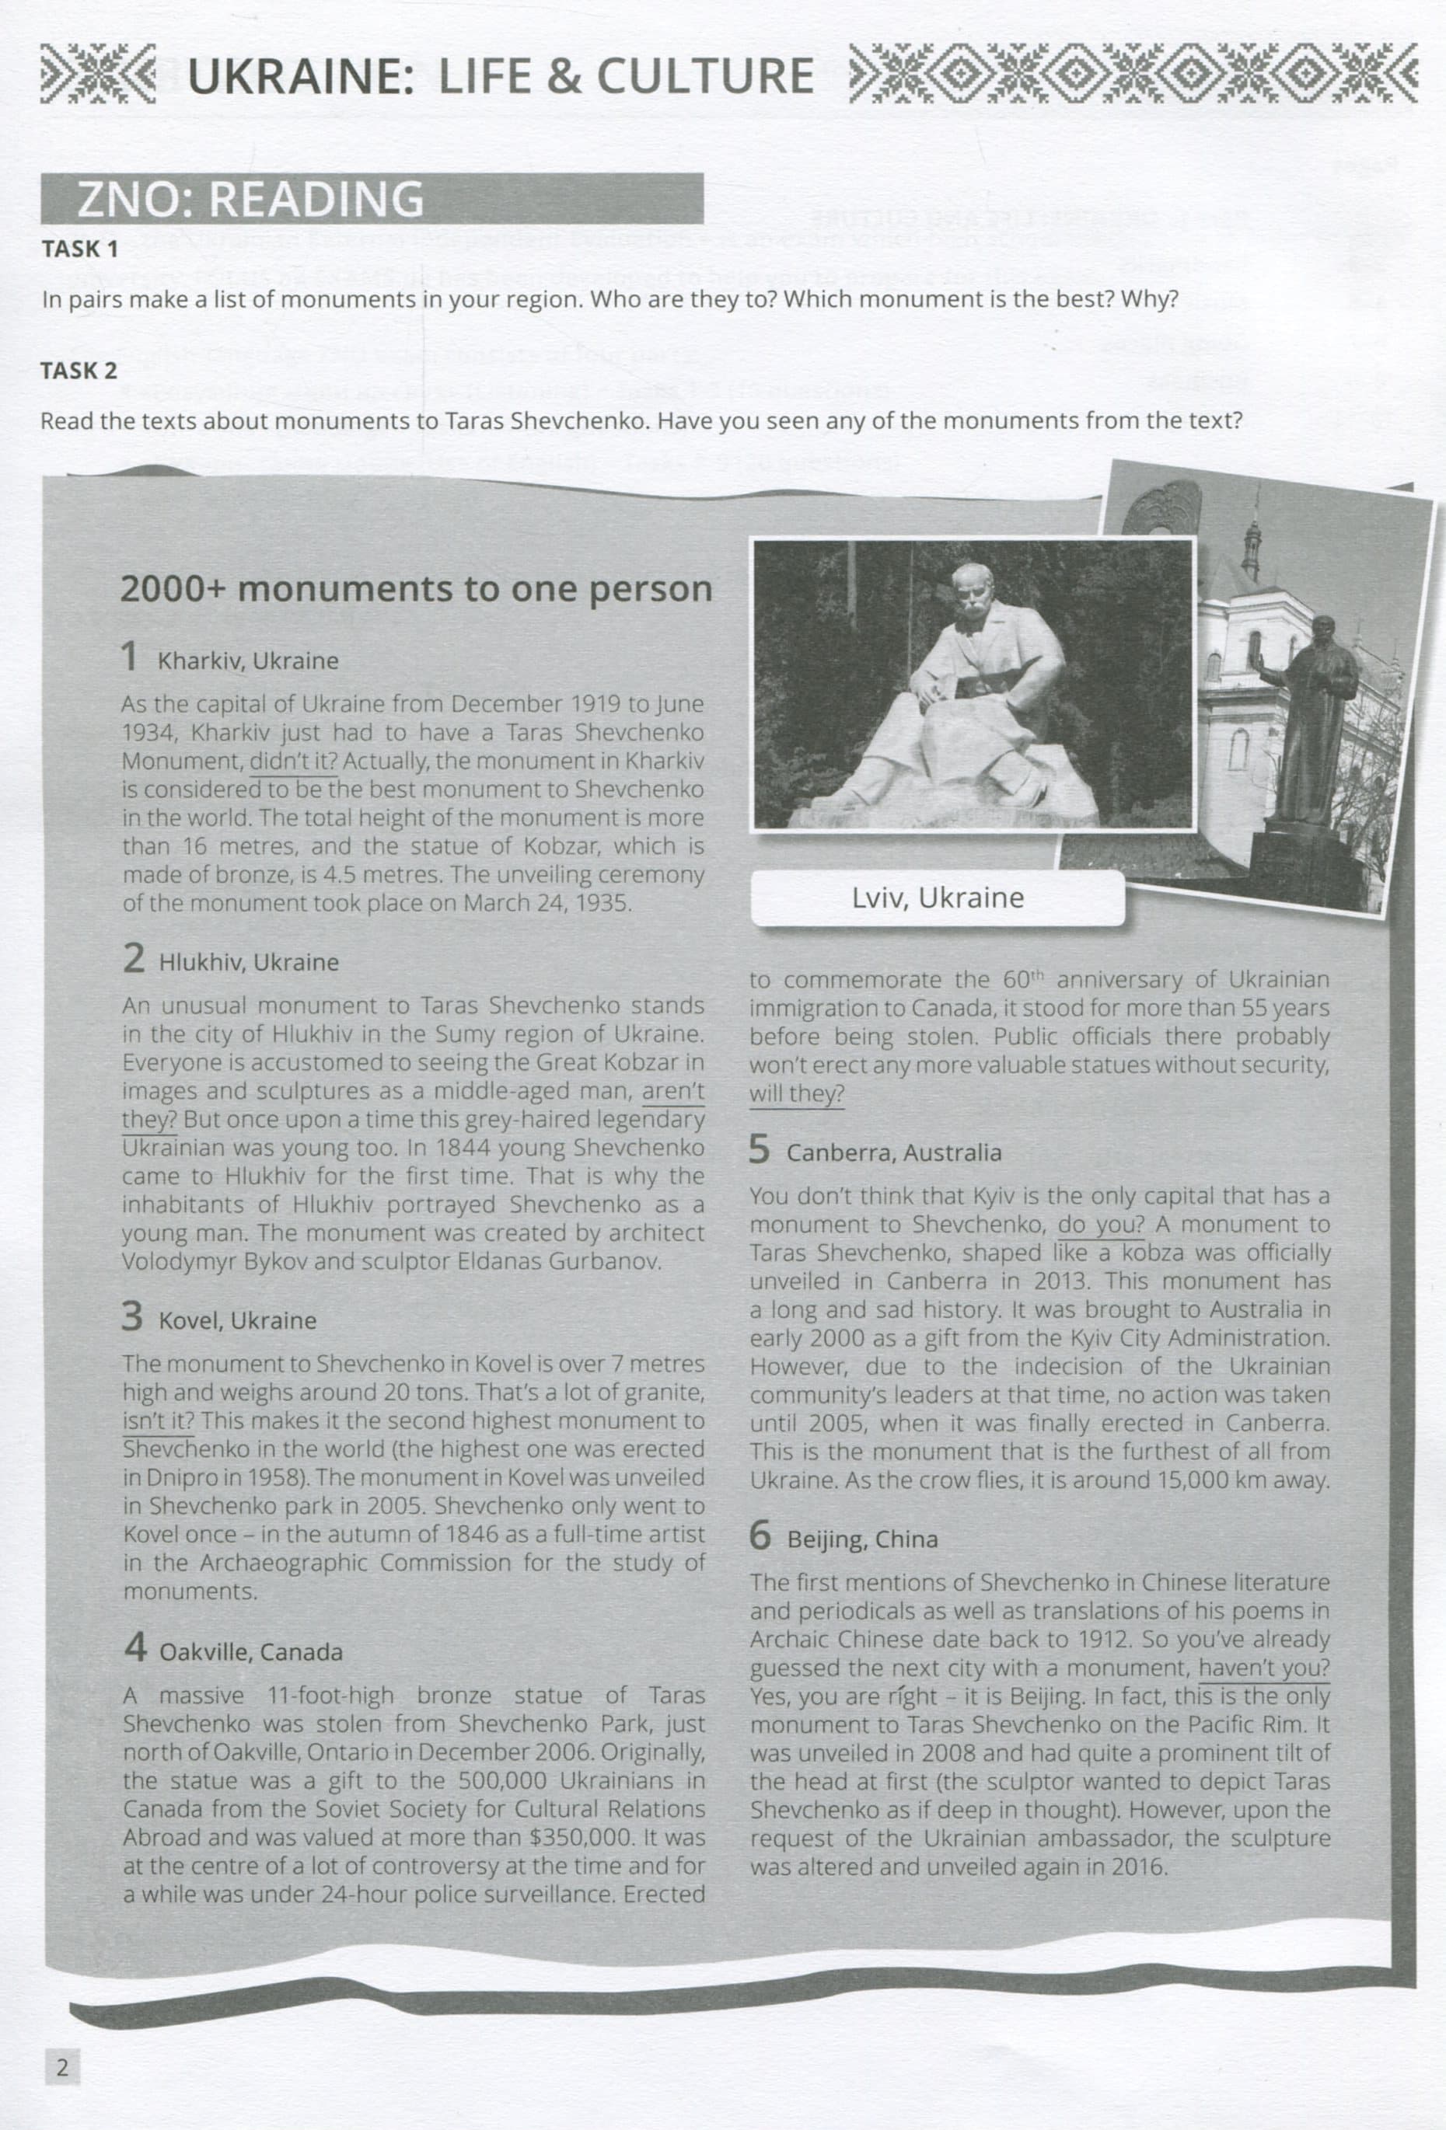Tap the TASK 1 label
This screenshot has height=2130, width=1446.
[x=81, y=249]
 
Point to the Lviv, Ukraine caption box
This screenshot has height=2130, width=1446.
[x=937, y=898]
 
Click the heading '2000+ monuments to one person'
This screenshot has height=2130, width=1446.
[x=416, y=588]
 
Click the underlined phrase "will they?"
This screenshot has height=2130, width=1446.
[x=797, y=1094]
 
